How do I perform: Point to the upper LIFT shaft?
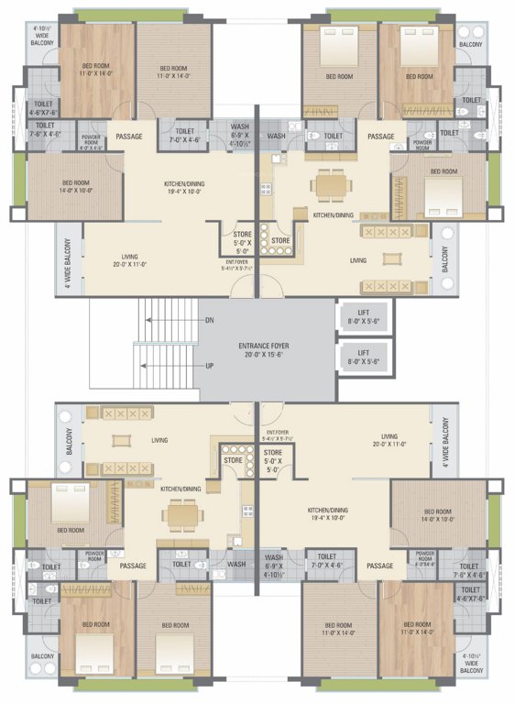tap(364, 317)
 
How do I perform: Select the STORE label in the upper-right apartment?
tap(280, 241)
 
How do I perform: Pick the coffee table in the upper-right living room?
tap(391, 260)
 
